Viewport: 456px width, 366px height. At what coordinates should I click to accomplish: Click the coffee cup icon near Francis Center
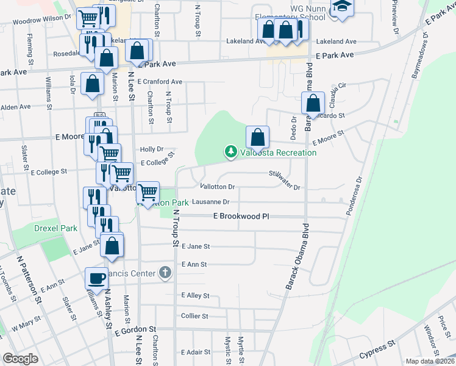[x=96, y=278]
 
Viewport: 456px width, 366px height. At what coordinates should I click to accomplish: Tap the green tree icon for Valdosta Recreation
[x=230, y=151]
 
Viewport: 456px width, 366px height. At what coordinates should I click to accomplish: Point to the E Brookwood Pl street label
[x=241, y=217]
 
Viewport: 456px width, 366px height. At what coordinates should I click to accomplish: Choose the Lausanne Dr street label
[x=210, y=202]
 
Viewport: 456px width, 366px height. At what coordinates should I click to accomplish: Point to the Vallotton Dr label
[x=217, y=187]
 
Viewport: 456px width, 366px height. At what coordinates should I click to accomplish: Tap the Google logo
[x=20, y=359]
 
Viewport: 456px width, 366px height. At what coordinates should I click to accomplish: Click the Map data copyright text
[x=430, y=361]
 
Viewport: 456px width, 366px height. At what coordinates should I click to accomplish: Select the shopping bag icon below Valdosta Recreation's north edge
[x=258, y=137]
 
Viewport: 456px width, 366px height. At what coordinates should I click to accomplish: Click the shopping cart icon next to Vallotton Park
[x=148, y=192]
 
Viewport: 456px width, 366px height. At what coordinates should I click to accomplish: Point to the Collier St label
[x=195, y=316]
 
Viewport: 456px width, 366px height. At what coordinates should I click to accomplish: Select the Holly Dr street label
[x=152, y=149]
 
